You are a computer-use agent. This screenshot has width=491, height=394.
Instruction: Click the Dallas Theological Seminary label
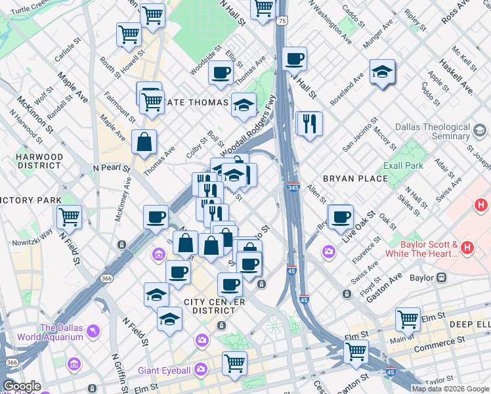(x=433, y=131)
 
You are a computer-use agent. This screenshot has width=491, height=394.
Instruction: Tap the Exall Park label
(x=404, y=165)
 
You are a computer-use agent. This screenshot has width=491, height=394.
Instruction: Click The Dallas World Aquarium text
(x=62, y=332)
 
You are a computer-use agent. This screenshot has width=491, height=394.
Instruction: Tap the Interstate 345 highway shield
(x=293, y=188)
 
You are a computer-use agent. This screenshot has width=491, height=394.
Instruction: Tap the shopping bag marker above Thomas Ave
(x=144, y=141)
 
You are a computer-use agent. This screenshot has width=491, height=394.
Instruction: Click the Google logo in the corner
(x=22, y=386)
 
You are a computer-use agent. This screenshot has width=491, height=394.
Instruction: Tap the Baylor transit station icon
(x=442, y=278)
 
